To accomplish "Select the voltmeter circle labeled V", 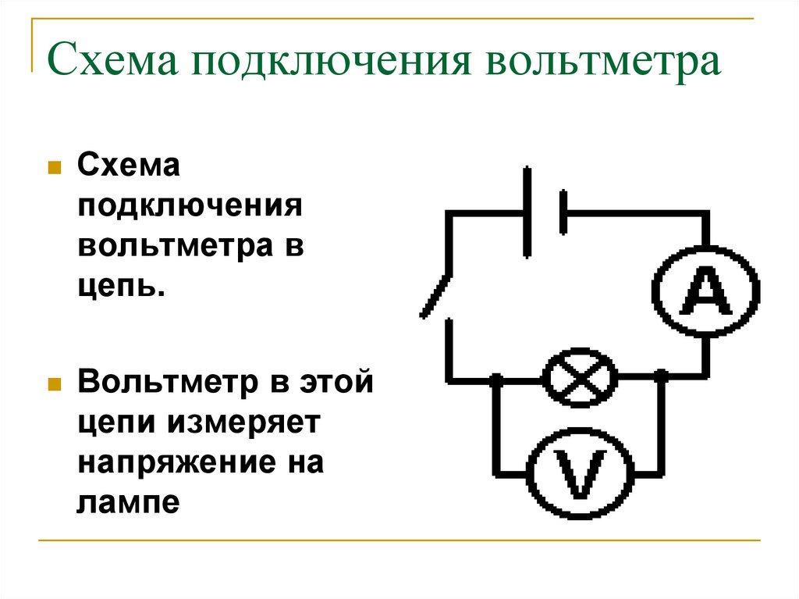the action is pyautogui.click(x=580, y=429).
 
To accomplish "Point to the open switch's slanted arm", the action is pyautogui.click(x=435, y=297).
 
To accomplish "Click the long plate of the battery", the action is pyautogui.click(x=527, y=212).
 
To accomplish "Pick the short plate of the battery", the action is pyautogui.click(x=563, y=212).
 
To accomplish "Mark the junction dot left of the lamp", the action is pyautogui.click(x=495, y=379).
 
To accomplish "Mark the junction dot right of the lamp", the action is pyautogui.click(x=661, y=377).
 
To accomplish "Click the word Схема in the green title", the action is pyautogui.click(x=112, y=60).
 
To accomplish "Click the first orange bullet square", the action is pyautogui.click(x=55, y=168).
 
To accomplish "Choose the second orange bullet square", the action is pyautogui.click(x=55, y=384).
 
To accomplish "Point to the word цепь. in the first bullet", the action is pyautogui.click(x=122, y=287).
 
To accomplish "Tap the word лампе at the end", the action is pyautogui.click(x=129, y=503).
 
